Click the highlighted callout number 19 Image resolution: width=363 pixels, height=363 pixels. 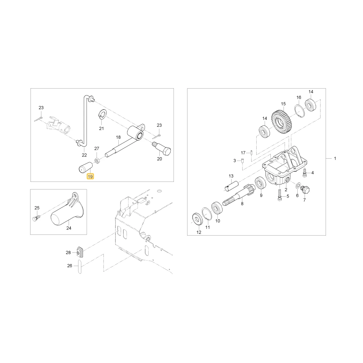(90, 176)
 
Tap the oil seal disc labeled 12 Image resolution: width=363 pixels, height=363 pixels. (198, 219)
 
